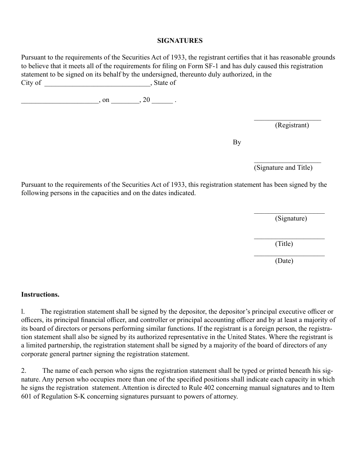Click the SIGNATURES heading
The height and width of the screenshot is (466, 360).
[x=180, y=41]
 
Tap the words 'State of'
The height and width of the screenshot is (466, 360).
[x=164, y=83]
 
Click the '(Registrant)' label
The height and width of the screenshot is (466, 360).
[x=292, y=125]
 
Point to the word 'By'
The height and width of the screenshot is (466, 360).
[x=237, y=142]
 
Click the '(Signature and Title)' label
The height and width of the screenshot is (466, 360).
[x=283, y=168]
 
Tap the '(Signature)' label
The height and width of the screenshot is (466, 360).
[x=291, y=219]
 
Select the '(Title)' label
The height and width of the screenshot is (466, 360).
[x=284, y=244]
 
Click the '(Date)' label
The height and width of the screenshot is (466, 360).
[x=284, y=261]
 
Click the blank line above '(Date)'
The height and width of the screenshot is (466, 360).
[x=289, y=255]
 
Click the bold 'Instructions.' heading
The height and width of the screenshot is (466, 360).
[x=40, y=294]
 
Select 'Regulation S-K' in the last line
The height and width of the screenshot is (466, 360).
[x=58, y=397]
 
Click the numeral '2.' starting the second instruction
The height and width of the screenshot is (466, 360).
[x=23, y=371]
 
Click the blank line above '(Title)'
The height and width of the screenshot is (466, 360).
[x=289, y=238]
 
